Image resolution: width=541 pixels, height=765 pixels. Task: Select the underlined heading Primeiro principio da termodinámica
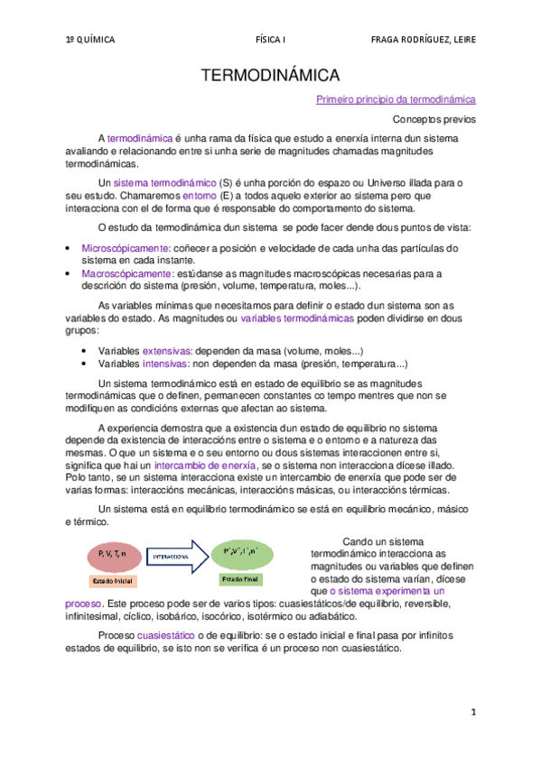pos(396,100)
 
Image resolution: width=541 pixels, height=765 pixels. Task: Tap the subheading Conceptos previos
pos(434,119)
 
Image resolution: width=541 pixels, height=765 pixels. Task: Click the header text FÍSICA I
pos(270,40)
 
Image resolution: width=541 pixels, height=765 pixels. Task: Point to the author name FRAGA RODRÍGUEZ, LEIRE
pos(423,40)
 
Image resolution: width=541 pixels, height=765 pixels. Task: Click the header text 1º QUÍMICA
pos(90,40)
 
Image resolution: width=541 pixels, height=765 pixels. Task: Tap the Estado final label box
pos(239,579)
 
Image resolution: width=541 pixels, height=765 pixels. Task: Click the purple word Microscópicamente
pos(126,247)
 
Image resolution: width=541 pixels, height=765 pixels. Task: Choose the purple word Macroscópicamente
pos(126,272)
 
